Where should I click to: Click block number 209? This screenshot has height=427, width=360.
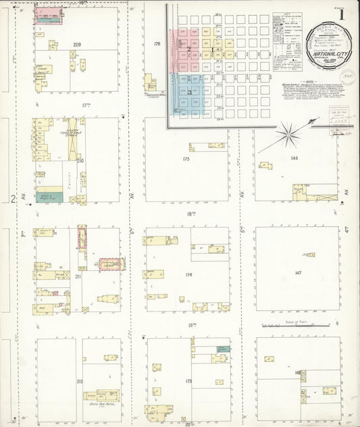pos(77,45)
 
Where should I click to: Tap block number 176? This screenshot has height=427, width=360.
pos(157,45)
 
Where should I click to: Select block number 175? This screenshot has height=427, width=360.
pos(186,159)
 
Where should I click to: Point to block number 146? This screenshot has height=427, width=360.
pos(294,157)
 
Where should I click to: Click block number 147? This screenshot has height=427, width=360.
pos(297,272)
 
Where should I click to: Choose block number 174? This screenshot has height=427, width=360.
pos(188,275)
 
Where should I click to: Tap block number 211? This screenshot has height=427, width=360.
pos(78,277)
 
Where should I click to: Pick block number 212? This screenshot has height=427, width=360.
pos(79,382)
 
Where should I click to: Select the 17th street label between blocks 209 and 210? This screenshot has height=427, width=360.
pos(86,105)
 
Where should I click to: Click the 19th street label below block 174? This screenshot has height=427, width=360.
pos(192,326)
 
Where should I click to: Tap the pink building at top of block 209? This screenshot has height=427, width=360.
pos(47,13)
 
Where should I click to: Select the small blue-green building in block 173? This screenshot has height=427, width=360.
pos(222,349)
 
